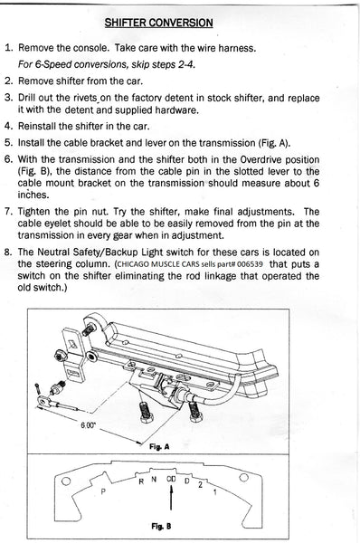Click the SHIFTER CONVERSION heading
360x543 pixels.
point(158,23)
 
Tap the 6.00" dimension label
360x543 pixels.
point(88,425)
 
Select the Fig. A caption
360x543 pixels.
point(159,446)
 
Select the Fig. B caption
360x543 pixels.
point(161,527)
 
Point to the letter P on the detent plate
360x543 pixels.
point(103,491)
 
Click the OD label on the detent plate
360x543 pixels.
point(171,480)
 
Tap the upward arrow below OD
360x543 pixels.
point(171,498)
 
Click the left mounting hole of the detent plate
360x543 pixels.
point(66,481)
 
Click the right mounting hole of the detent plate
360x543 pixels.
point(244,478)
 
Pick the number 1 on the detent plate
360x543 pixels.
point(215,491)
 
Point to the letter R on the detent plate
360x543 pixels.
point(141,481)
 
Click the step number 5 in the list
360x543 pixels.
point(8,143)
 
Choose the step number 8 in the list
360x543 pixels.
point(8,252)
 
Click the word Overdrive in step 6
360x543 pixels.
point(261,160)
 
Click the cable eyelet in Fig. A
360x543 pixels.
point(43,401)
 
